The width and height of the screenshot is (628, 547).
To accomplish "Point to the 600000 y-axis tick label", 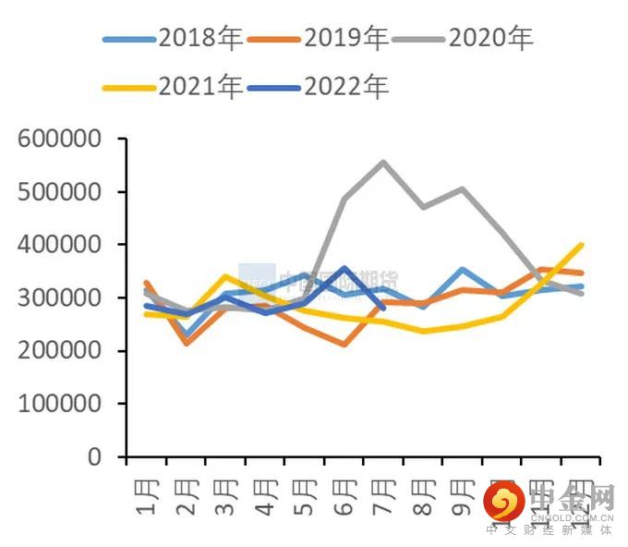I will tap(58, 140).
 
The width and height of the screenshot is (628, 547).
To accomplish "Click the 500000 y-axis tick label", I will tap(58, 192).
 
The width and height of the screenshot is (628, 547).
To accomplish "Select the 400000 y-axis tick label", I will tap(58, 245).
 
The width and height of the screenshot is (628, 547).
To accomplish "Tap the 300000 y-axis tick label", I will tap(58, 298).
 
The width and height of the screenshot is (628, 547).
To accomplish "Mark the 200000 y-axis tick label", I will tap(58, 351).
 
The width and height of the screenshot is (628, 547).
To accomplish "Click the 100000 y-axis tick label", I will tap(58, 404).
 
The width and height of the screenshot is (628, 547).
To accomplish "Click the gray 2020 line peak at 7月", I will tap(383, 163).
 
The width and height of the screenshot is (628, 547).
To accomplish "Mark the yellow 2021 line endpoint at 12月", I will tap(581, 245).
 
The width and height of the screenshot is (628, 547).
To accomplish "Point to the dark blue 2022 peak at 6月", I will tap(344, 269).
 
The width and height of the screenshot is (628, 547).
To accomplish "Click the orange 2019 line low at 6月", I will tap(344, 345).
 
